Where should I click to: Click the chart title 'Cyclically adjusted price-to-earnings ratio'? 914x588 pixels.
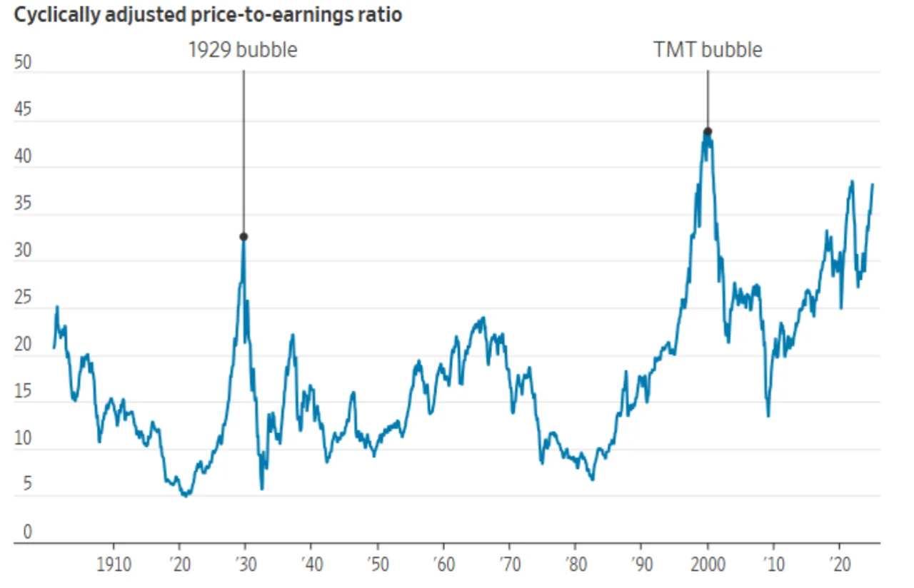tap(207, 15)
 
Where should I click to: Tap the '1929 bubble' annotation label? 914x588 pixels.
tap(243, 50)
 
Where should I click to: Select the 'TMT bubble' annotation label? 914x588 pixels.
tap(708, 50)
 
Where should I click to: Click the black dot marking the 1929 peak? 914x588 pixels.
tap(243, 236)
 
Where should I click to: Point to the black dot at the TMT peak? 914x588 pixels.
tap(708, 131)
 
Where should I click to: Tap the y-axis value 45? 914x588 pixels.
tap(23, 111)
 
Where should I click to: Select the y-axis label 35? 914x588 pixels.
tap(23, 204)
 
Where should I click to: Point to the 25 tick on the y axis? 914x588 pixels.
tap(23, 298)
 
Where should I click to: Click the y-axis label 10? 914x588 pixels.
tap(23, 439)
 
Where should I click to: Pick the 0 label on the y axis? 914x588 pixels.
tap(27, 532)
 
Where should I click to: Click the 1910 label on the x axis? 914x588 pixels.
tap(114, 565)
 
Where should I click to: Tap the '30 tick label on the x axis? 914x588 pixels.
tap(244, 565)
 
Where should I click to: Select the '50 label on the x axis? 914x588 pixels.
tap(376, 565)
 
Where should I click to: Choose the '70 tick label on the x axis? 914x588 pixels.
tap(508, 565)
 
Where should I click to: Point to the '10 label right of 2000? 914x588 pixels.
tap(773, 565)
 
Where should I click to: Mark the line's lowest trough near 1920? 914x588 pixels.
tap(186, 495)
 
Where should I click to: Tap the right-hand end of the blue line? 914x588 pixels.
tap(872, 185)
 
